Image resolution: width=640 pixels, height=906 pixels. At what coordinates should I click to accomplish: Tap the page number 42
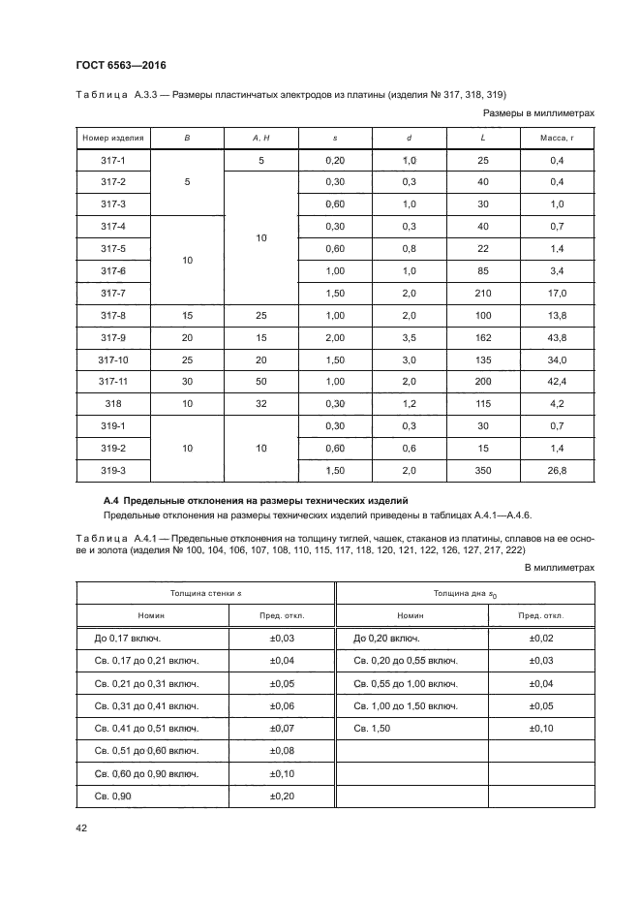[x=81, y=826]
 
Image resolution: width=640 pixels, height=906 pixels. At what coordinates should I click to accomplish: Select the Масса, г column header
[x=557, y=138]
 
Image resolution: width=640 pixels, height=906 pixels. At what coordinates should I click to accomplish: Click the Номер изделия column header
[x=113, y=138]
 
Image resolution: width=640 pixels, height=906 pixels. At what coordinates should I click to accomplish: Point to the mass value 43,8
[x=557, y=336]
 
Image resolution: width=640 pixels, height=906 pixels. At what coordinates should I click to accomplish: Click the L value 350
[x=483, y=470]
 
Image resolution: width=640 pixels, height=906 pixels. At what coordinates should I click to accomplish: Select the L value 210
[x=483, y=292]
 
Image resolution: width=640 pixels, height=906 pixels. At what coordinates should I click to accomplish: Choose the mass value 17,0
[x=557, y=292]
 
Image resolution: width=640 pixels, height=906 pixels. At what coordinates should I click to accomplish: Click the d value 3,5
[x=409, y=336]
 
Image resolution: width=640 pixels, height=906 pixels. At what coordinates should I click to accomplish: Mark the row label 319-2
[x=113, y=448]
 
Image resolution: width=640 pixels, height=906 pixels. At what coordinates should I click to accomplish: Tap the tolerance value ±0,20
[x=282, y=796]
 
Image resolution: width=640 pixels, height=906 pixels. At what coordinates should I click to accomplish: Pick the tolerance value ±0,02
[x=541, y=638]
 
